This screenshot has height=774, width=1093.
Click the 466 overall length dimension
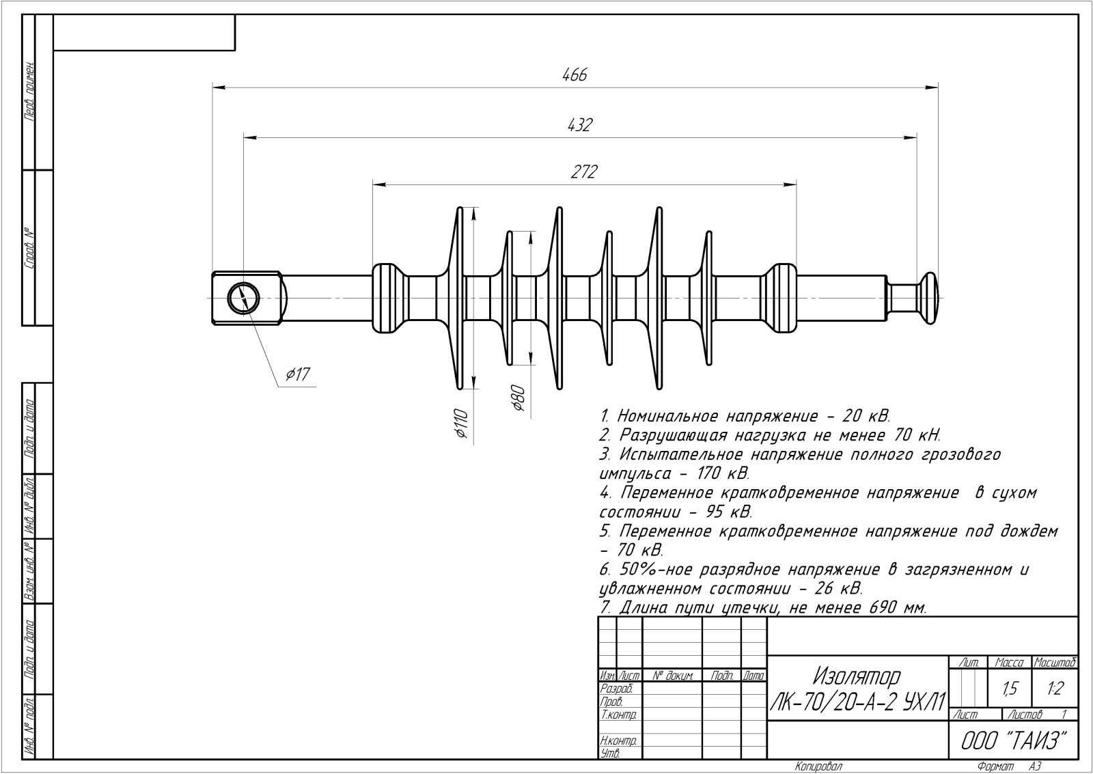[575, 75]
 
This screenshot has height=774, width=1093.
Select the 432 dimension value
[579, 126]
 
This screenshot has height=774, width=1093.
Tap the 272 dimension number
[584, 172]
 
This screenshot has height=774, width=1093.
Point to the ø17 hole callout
[298, 374]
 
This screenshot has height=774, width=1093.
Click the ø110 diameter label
[460, 423]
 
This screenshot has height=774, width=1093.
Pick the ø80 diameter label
[517, 398]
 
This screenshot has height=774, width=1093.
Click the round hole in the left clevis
[243, 299]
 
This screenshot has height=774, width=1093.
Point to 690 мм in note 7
[896, 607]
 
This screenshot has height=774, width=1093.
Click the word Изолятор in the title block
[856, 676]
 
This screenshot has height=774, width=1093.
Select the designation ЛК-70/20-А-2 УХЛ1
[858, 701]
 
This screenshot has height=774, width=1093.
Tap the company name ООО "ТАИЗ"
[1013, 741]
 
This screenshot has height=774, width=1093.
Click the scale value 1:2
[1055, 689]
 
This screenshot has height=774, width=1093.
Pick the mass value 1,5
[1010, 689]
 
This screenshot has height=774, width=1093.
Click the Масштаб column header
[1055, 662]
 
